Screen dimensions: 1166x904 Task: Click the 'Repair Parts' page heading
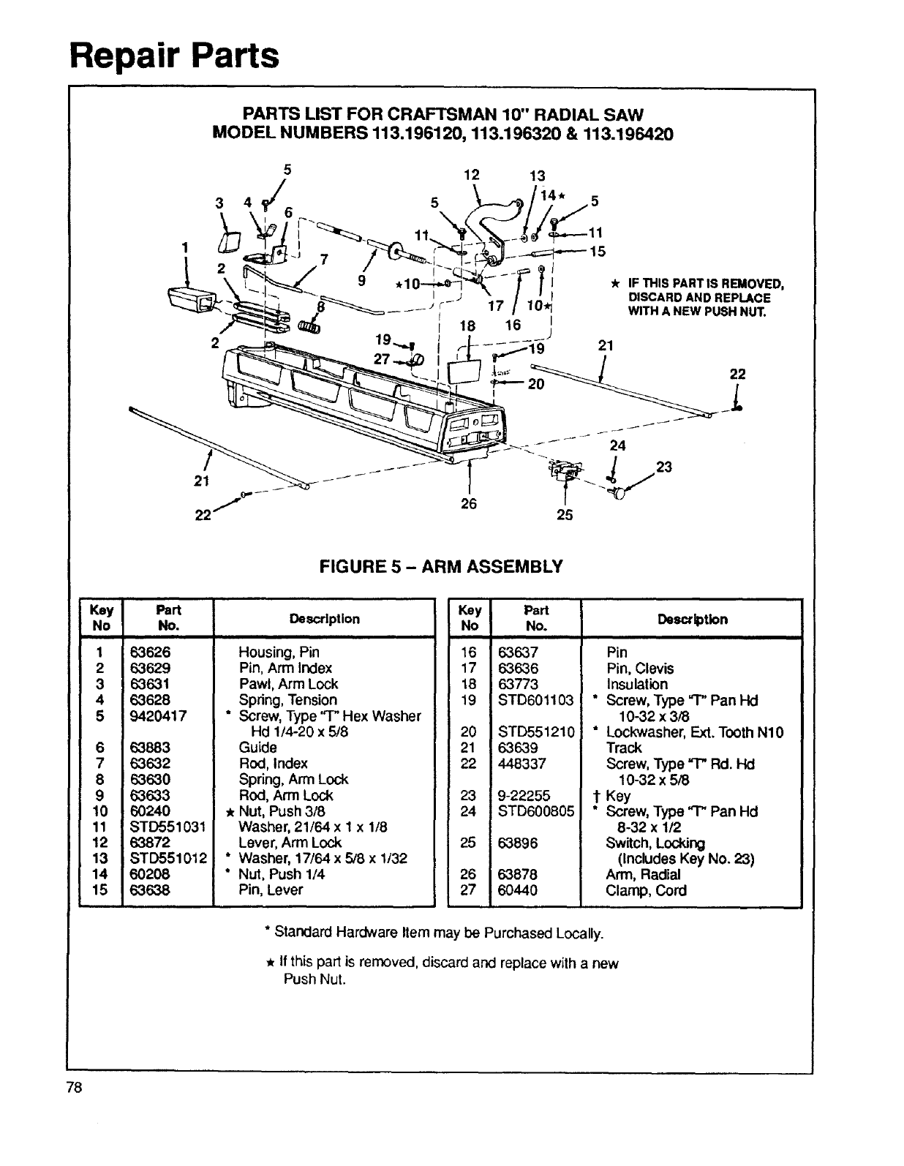coord(174,55)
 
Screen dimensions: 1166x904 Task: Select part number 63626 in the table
coord(150,652)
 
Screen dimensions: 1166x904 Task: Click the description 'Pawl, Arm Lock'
coord(288,684)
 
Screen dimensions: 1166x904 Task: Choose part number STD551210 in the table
coord(536,731)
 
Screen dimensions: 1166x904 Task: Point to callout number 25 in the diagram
coord(565,514)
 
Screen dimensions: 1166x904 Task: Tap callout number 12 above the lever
coord(472,175)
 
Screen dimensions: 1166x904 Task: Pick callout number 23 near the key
coord(664,467)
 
